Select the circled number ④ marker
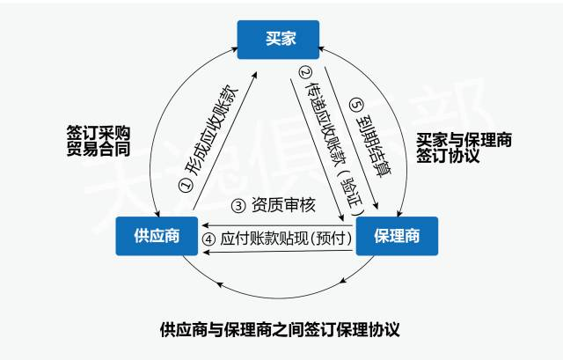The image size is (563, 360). point(208,239)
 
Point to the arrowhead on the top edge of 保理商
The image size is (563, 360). point(401,214)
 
